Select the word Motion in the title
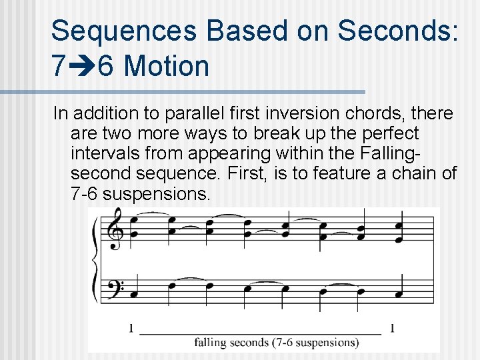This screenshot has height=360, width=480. tap(167, 67)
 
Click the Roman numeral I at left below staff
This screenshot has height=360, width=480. tap(131, 328)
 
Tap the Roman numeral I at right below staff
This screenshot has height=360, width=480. tap(392, 328)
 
